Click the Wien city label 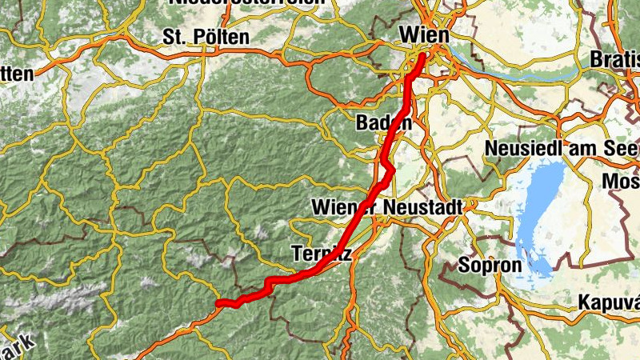424,35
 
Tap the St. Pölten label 206,37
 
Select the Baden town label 385,124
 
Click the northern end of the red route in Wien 422,56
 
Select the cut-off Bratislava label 616,59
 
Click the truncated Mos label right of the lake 621,182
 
